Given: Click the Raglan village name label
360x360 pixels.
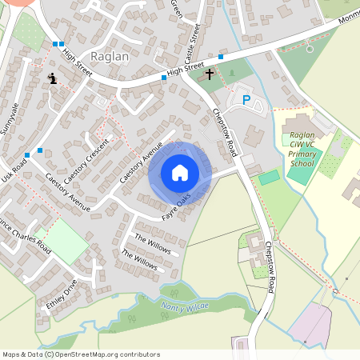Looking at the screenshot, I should (x=109, y=57).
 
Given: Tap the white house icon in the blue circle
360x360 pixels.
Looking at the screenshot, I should (x=180, y=173).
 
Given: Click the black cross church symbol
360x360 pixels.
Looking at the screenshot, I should (x=210, y=74).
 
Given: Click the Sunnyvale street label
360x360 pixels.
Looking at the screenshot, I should (x=11, y=119).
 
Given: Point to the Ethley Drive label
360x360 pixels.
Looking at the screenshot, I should (x=61, y=294).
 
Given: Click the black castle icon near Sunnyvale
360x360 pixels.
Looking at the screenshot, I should (x=52, y=78).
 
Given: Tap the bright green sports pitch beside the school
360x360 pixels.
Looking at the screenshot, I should (x=270, y=177).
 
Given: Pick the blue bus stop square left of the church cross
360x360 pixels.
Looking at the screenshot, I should (x=164, y=78).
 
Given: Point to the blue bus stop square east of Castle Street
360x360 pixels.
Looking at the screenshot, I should (x=221, y=56).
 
